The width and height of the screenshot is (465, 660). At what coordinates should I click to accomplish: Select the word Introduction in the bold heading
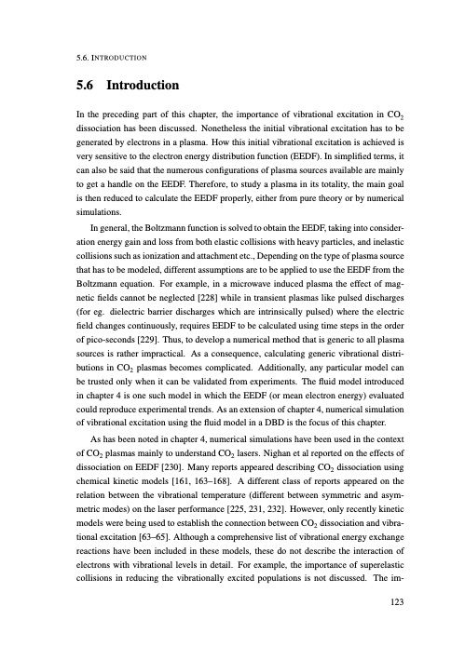click(140, 86)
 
